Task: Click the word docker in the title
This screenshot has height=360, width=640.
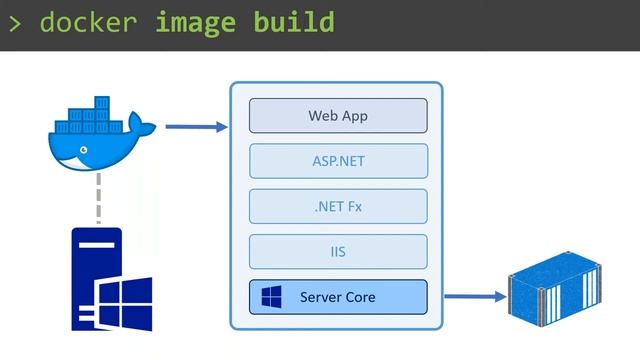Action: coord(87,22)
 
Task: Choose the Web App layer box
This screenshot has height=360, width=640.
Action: coord(338,116)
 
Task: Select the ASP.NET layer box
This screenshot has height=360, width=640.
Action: coord(338,161)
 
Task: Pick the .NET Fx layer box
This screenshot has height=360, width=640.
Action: coord(338,206)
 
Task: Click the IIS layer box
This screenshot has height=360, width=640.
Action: coord(338,252)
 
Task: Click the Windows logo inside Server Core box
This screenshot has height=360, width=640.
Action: coord(271,297)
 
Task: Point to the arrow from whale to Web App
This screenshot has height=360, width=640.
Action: coord(196,127)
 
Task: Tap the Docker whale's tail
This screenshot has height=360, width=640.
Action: coord(145,128)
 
